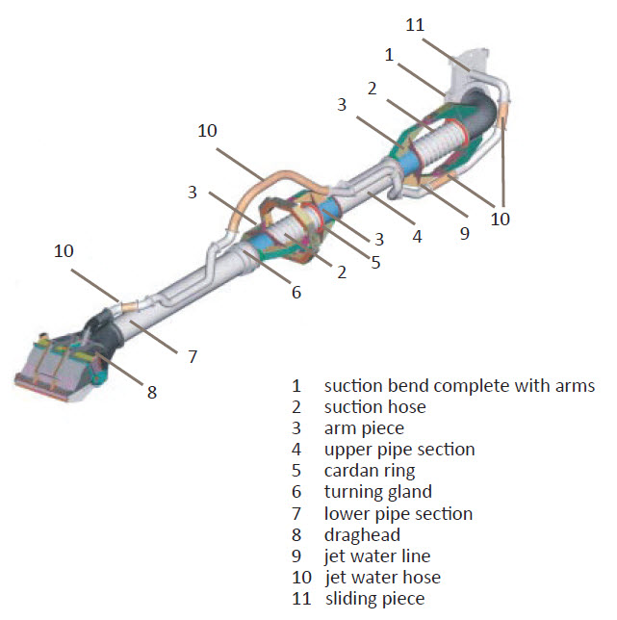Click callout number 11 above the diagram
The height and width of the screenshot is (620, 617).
tap(415, 25)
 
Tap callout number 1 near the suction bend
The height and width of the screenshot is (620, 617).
tap(389, 55)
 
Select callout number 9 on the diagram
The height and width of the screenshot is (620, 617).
tap(464, 233)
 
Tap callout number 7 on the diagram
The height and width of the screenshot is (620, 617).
tap(193, 356)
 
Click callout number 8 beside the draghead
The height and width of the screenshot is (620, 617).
tap(152, 392)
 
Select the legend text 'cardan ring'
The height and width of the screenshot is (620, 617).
tap(370, 471)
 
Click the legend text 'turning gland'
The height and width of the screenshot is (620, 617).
tap(377, 492)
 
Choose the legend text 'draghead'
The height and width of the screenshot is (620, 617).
tap(362, 534)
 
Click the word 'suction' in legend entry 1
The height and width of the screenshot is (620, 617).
tap(353, 386)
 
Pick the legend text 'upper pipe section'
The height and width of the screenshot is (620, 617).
tap(398, 450)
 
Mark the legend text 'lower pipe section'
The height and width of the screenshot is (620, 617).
tap(398, 513)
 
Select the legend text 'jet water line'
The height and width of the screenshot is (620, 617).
tap(377, 555)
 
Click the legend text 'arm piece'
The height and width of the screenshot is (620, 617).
tap(364, 428)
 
